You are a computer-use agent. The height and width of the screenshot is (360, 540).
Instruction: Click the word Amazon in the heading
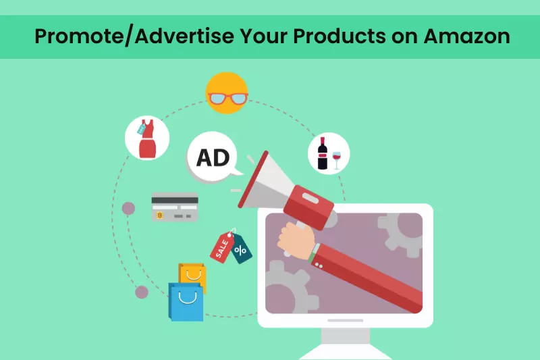467,36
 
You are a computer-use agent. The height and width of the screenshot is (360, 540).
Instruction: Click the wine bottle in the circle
323,153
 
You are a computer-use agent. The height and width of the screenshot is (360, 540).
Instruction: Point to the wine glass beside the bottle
337,157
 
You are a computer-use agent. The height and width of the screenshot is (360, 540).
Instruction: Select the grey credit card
175,207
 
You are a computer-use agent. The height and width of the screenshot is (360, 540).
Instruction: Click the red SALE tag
221,247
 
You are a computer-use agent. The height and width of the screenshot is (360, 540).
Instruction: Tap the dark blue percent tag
241,251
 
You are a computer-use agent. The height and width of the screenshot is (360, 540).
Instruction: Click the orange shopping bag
193,274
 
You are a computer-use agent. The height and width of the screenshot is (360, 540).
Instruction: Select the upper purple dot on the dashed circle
128,208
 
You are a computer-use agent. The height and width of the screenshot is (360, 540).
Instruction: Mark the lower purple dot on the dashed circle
142,292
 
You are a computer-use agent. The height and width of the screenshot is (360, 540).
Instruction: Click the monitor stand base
345,352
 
